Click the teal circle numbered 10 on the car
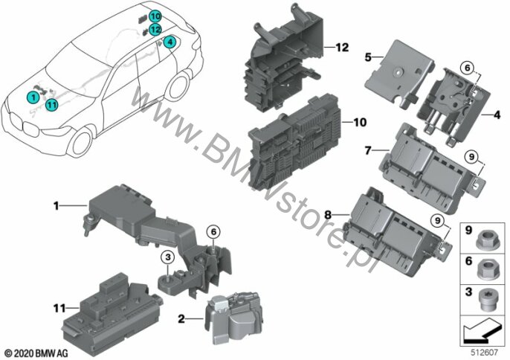pyautogui.click(x=155, y=16)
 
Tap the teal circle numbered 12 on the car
pyautogui.click(x=155, y=30)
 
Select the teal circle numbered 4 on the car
pyautogui.click(x=170, y=42)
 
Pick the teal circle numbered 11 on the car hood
pyautogui.click(x=51, y=105)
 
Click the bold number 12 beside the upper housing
pyautogui.click(x=342, y=48)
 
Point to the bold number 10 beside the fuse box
pyautogui.click(x=359, y=123)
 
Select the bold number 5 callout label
pyautogui.click(x=368, y=57)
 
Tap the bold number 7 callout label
pyautogui.click(x=368, y=150)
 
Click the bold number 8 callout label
pyautogui.click(x=328, y=214)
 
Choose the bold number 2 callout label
pyautogui.click(x=181, y=319)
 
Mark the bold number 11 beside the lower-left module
pyautogui.click(x=59, y=308)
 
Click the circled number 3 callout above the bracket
pyautogui.click(x=168, y=257)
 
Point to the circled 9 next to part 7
pyautogui.click(x=471, y=157)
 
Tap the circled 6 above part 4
pyautogui.click(x=468, y=68)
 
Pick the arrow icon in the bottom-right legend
pyautogui.click(x=482, y=330)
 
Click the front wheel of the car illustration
pyautogui.click(x=81, y=143)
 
